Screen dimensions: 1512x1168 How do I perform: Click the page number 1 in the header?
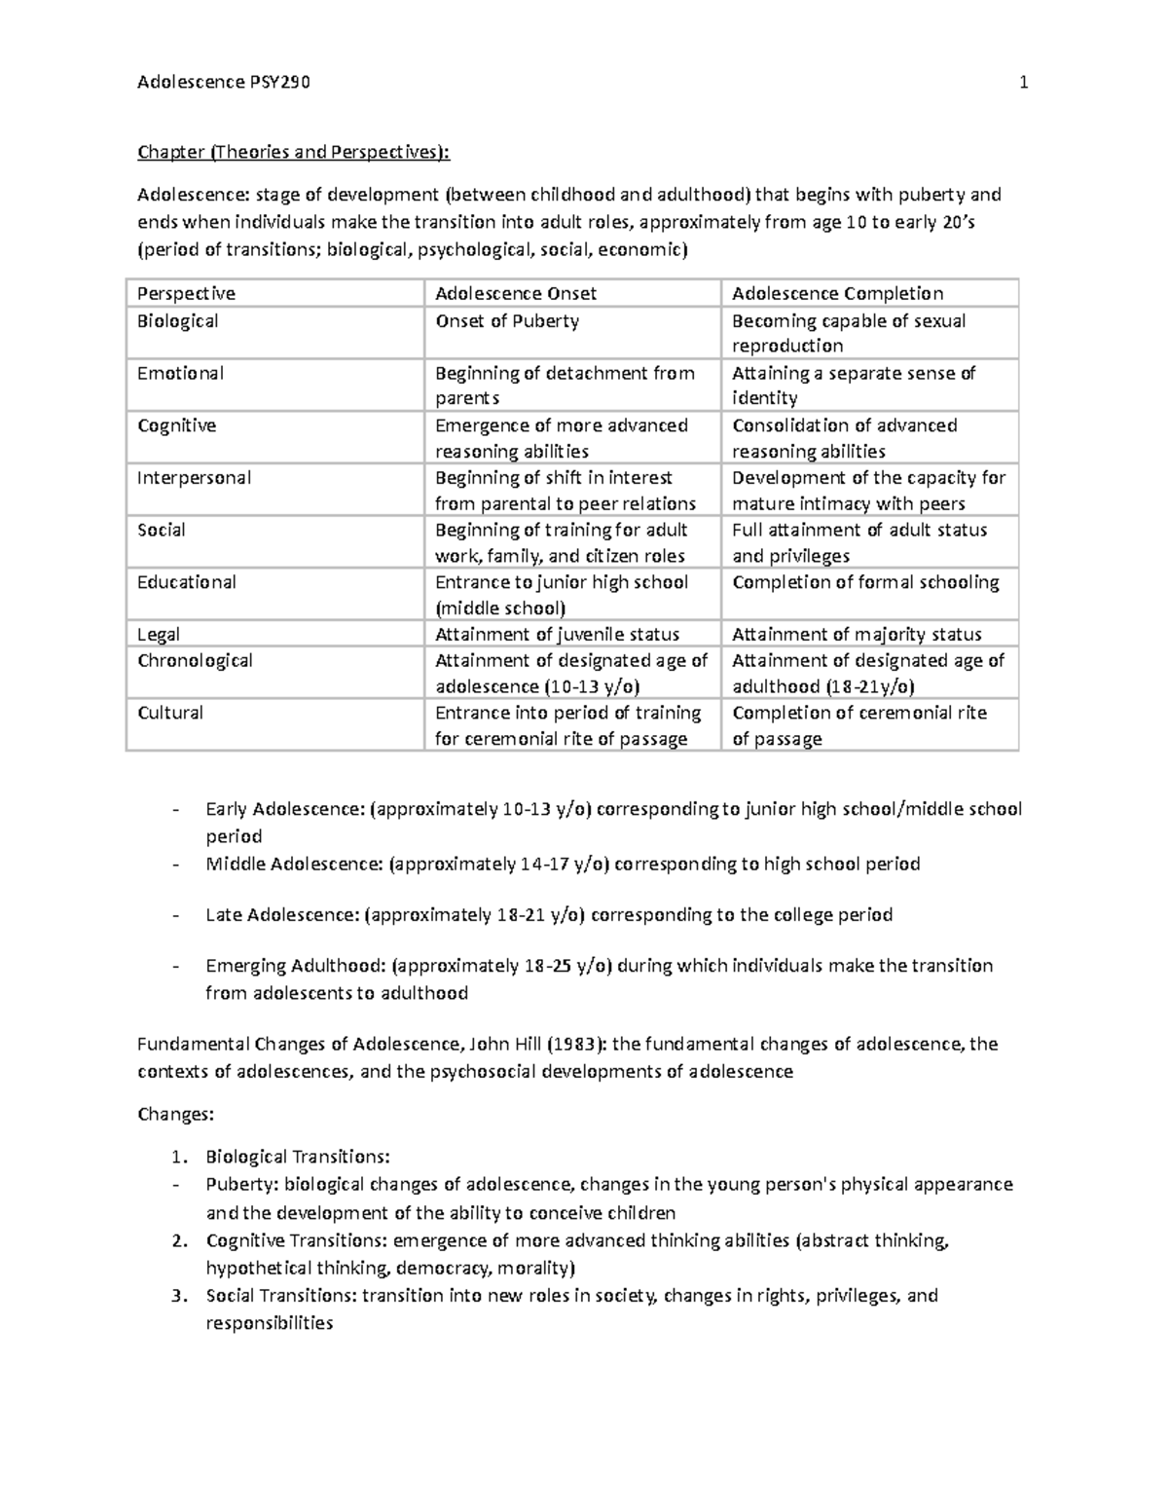[x=1023, y=83]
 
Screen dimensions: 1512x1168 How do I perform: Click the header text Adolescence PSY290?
[x=224, y=83]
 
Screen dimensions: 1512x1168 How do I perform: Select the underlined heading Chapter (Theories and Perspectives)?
[x=294, y=152]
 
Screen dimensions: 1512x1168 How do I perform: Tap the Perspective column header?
[x=186, y=293]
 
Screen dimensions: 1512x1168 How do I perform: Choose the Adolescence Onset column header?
[x=515, y=293]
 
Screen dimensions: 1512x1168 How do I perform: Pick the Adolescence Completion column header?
[x=837, y=293]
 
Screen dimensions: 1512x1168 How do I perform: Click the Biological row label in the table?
[x=177, y=321]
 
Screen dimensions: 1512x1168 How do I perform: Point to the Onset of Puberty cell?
[x=506, y=321]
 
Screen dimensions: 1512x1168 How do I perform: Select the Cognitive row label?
[x=176, y=425]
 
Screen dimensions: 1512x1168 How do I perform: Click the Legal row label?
[x=159, y=635]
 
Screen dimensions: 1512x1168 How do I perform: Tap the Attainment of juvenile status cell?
[x=557, y=635]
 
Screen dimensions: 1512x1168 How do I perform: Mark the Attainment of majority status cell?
[x=857, y=635]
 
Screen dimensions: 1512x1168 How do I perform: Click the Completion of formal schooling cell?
[x=865, y=582]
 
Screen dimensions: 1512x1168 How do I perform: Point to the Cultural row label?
[x=170, y=713]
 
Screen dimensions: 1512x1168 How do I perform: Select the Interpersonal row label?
[x=194, y=478]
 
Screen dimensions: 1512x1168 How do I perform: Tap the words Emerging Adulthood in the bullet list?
[x=295, y=966]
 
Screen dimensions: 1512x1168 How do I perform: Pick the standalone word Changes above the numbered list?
[x=174, y=1115]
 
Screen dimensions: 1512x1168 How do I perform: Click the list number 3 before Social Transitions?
[x=176, y=1296]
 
